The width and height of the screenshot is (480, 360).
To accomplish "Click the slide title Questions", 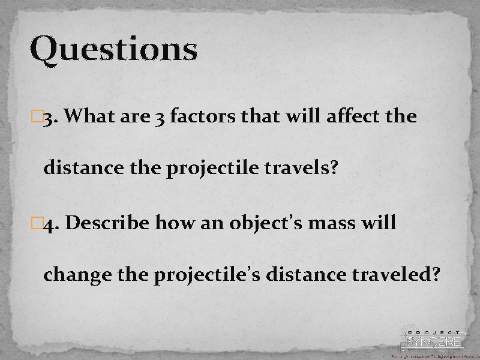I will pyautogui.click(x=113, y=50).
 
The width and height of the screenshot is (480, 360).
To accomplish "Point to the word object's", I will pyautogui.click(x=266, y=224).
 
